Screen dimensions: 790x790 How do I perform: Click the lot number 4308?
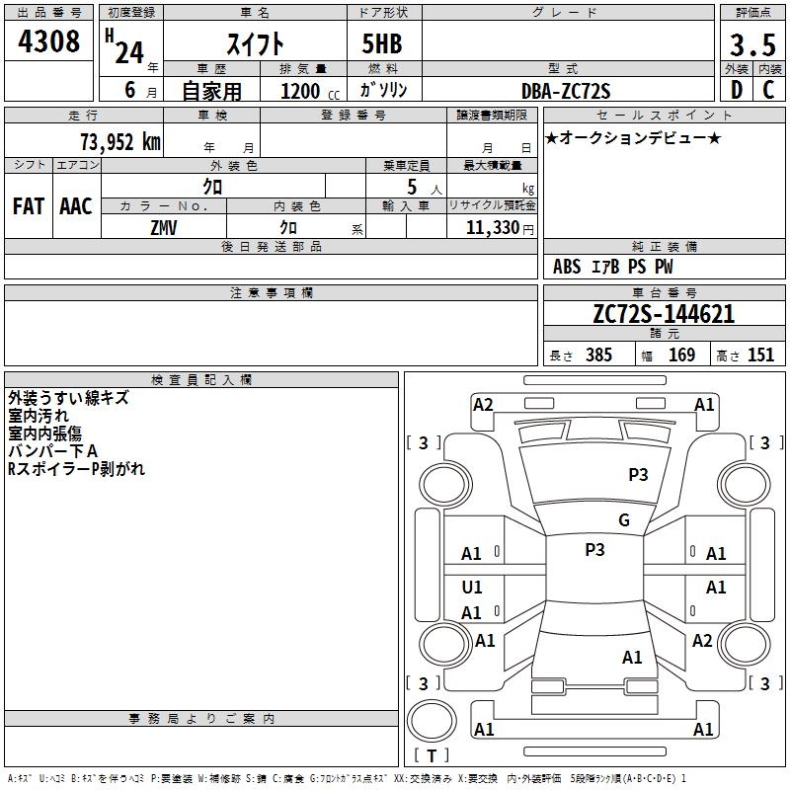[48, 42]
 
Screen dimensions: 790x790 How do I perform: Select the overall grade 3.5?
[751, 44]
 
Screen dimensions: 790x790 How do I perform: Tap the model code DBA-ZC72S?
[566, 91]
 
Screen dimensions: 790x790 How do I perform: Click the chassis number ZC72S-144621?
[663, 315]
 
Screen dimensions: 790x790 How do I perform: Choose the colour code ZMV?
[164, 226]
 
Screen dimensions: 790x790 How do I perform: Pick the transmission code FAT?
[28, 206]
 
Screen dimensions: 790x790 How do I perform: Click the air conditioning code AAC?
[76, 206]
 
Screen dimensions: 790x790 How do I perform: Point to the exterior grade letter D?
[736, 90]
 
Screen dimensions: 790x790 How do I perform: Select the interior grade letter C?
[768, 90]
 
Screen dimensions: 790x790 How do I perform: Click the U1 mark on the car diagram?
[472, 588]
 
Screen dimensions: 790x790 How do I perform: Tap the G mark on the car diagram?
[623, 520]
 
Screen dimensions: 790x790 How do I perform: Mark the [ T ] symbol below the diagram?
[432, 755]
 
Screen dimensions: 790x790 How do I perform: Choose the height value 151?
[760, 355]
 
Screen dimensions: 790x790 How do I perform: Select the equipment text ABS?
[567, 267]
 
